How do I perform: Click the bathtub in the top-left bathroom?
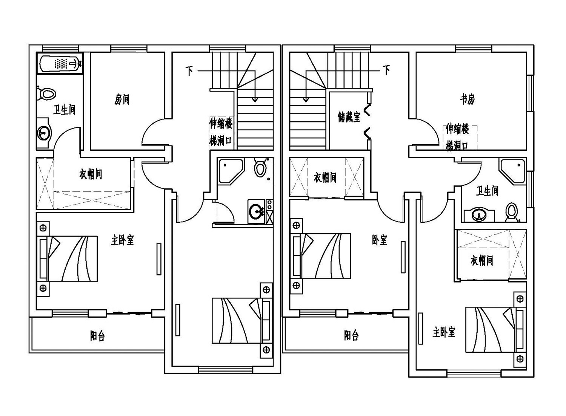[x=60, y=63]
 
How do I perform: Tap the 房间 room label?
[x=122, y=99]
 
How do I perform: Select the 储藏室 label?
[x=349, y=117]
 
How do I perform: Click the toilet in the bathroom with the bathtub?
[x=47, y=93]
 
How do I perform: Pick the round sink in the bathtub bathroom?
[x=44, y=132]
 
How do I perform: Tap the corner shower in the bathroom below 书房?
[x=513, y=171]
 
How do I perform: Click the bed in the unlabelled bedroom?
[x=241, y=320]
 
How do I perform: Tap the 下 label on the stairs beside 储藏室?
[x=386, y=70]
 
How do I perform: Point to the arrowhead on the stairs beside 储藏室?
[x=306, y=100]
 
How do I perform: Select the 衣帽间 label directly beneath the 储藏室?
[x=325, y=177]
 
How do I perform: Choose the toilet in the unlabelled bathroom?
[x=260, y=168]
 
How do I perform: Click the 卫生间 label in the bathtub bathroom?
[x=64, y=110]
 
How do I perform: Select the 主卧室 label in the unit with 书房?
[x=444, y=332]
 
